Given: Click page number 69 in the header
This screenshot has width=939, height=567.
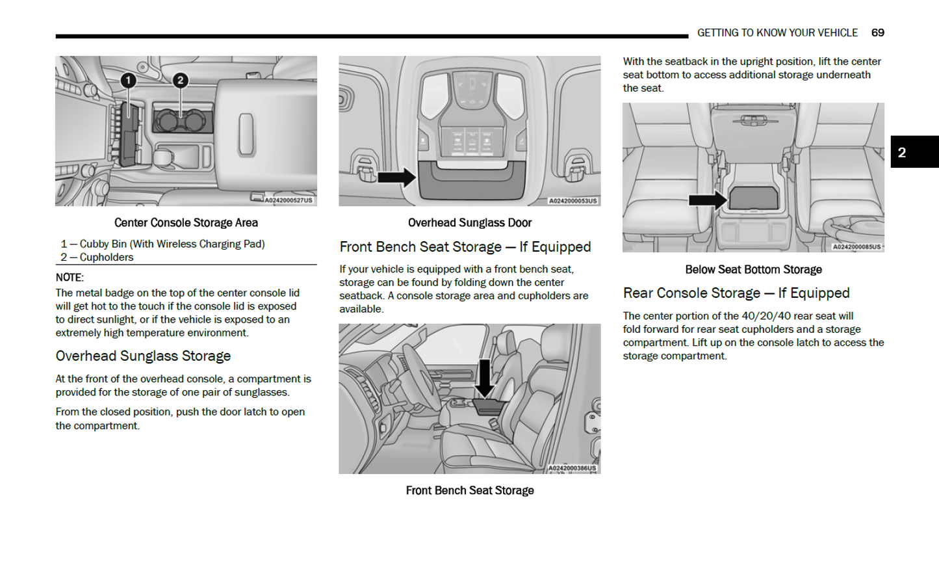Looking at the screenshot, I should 877,33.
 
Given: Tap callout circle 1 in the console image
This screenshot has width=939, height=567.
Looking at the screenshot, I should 129,80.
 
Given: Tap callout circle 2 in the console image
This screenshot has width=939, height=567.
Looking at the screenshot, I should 180,80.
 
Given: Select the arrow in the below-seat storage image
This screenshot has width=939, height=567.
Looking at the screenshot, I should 708,200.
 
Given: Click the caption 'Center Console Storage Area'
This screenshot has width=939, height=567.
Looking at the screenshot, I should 186,222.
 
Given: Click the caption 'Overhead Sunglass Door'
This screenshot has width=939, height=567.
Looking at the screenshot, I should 469,222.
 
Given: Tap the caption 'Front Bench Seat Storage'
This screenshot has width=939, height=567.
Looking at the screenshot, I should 469,490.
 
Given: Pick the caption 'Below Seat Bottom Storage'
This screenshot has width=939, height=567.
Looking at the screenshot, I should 753,269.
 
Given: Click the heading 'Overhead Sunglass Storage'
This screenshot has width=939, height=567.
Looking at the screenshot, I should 143,356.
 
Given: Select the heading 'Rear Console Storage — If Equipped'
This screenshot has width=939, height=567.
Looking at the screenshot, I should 736,293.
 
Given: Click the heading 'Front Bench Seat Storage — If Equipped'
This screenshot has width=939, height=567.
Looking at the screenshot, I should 465,247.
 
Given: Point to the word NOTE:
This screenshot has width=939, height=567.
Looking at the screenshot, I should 70,277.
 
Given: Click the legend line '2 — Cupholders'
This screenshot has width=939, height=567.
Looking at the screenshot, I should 97,257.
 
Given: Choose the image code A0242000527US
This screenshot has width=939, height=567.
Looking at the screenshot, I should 289,200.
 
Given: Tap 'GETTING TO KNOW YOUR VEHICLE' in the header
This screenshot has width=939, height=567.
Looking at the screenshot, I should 777,33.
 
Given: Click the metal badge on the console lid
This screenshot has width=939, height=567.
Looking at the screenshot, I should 246,134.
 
